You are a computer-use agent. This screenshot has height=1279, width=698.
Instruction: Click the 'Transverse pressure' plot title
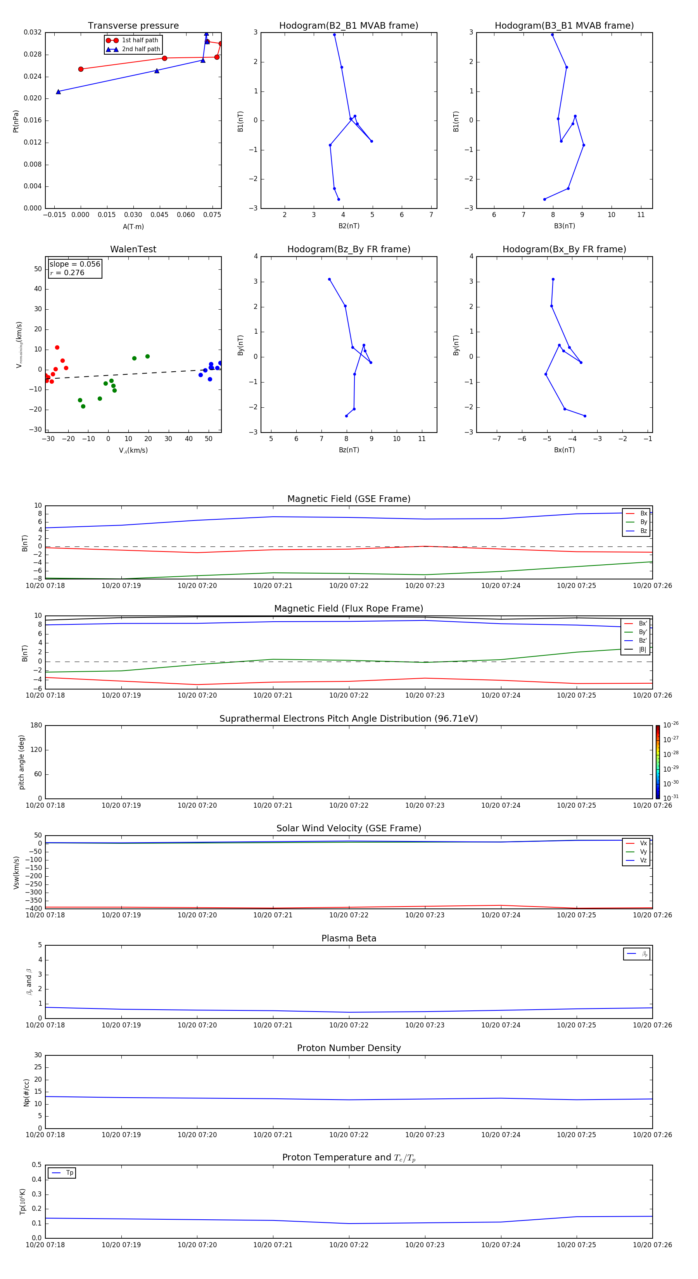pyautogui.click(x=133, y=26)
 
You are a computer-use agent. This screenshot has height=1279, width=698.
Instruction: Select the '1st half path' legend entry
pyautogui.click(x=140, y=40)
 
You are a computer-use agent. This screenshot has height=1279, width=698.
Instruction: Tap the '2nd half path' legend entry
pyautogui.click(x=141, y=49)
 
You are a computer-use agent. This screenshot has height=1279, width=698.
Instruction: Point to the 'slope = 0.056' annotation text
pyautogui.click(x=74, y=264)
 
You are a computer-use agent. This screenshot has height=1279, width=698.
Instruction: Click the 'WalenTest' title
pyautogui.click(x=133, y=249)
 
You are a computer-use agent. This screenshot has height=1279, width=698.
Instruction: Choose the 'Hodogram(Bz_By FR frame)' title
pyautogui.click(x=349, y=249)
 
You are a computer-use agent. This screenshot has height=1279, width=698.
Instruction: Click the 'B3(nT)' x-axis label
pyautogui.click(x=564, y=226)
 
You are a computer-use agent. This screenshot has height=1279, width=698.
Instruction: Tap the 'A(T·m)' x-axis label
pyautogui.click(x=133, y=227)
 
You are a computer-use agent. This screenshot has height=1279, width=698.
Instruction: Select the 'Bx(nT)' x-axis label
pyautogui.click(x=564, y=450)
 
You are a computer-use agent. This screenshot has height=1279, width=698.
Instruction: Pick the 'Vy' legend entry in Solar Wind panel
pyautogui.click(x=643, y=852)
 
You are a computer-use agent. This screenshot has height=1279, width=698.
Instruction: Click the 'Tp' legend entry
pyautogui.click(x=69, y=1173)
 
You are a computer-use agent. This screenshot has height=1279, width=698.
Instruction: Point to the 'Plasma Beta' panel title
pyautogui.click(x=349, y=938)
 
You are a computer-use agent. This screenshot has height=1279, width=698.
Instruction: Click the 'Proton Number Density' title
pyautogui.click(x=349, y=1048)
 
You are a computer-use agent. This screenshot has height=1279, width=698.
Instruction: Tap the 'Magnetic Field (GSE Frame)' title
pyautogui.click(x=349, y=499)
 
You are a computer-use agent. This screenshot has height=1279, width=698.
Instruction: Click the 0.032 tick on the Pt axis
pyautogui.click(x=33, y=32)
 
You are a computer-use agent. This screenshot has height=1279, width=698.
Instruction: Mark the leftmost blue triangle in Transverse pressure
pyautogui.click(x=58, y=92)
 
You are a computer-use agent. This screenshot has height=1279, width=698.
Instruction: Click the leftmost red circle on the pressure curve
pyautogui.click(x=81, y=69)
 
